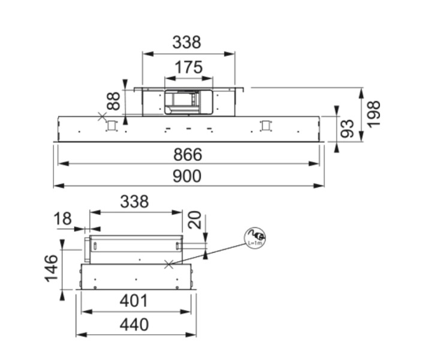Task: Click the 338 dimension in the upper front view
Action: (187, 43)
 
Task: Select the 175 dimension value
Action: (189, 68)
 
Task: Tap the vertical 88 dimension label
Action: (113, 100)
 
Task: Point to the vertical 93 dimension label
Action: (347, 128)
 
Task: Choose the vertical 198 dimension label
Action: (374, 114)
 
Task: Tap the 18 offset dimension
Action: (64, 218)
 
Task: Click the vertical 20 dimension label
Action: (195, 220)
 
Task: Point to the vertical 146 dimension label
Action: (52, 268)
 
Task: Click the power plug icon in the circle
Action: (256, 235)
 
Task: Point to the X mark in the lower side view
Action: (170, 263)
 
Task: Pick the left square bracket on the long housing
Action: (111, 126)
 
